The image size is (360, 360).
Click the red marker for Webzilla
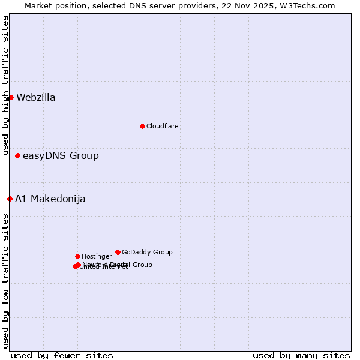11,97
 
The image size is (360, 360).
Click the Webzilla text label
36,98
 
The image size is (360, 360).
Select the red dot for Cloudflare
142,126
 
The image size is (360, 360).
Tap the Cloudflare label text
163,126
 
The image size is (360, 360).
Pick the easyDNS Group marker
17,155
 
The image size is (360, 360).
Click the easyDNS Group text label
61,156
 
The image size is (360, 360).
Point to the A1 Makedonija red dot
10,199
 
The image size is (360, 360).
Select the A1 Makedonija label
50,199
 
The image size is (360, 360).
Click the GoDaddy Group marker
118,252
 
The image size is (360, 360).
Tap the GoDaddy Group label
147,252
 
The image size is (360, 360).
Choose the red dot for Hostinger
77,256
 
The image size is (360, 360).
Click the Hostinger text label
97,256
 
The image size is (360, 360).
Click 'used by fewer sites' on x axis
62,355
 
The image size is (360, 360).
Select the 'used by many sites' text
301,355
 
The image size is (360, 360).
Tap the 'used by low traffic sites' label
5,280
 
